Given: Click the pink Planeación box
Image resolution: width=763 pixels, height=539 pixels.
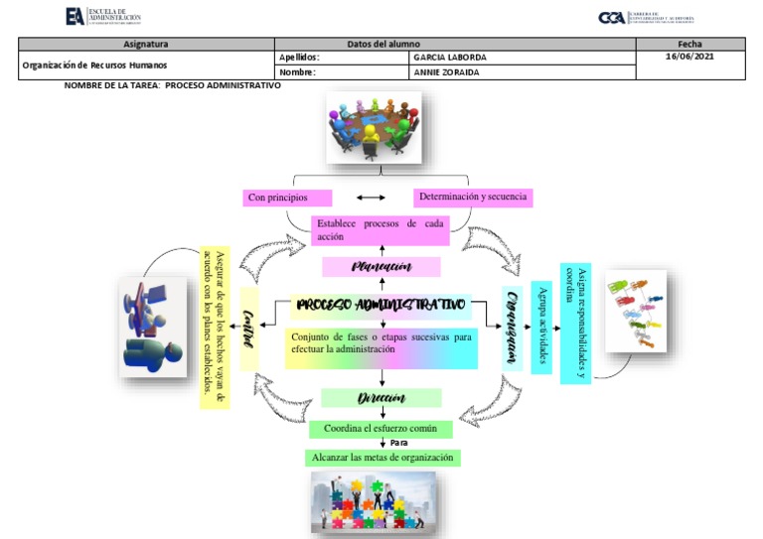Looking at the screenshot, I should [x=381, y=266].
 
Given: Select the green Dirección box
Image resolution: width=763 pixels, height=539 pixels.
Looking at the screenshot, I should [x=381, y=398].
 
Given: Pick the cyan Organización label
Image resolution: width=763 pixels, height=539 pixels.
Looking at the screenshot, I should [x=513, y=327].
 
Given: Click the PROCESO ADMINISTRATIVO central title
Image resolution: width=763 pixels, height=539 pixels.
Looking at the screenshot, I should [x=381, y=304].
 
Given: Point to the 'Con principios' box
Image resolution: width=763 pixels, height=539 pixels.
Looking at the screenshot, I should [x=287, y=199].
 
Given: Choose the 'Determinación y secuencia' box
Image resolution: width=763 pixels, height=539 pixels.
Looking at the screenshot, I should [x=473, y=198].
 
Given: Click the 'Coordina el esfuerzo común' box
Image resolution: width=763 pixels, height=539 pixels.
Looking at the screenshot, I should [x=381, y=429].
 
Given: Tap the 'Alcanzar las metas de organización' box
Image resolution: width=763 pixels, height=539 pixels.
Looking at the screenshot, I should [x=382, y=458].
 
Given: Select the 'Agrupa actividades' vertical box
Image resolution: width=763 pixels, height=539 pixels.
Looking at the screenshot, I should [x=542, y=327].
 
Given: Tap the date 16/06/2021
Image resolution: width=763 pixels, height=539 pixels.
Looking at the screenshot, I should [x=689, y=58].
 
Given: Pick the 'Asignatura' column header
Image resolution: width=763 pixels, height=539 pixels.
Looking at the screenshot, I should [x=146, y=44].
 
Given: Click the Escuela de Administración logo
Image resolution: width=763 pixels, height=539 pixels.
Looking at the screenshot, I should [x=102, y=17].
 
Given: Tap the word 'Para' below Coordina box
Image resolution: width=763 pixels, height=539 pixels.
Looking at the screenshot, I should [x=399, y=443].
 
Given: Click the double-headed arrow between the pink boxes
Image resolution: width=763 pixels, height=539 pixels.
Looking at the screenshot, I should [x=371, y=199].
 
